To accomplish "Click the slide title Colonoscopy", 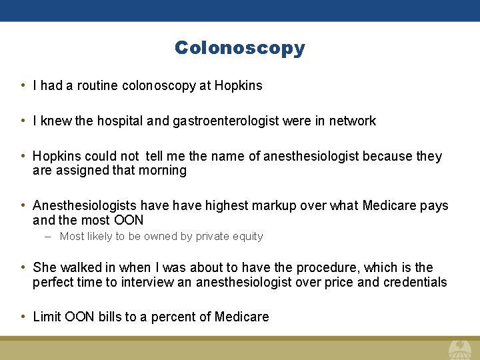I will [240, 48].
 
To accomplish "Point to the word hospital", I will [120, 121].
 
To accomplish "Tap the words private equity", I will [230, 237].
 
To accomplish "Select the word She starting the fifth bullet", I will [45, 268].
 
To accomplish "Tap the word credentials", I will [415, 283].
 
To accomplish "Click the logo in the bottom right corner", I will [459, 349].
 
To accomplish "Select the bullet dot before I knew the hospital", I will [23, 121].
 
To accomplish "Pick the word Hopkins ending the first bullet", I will [239, 85].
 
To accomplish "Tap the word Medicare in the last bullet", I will [242, 317].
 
